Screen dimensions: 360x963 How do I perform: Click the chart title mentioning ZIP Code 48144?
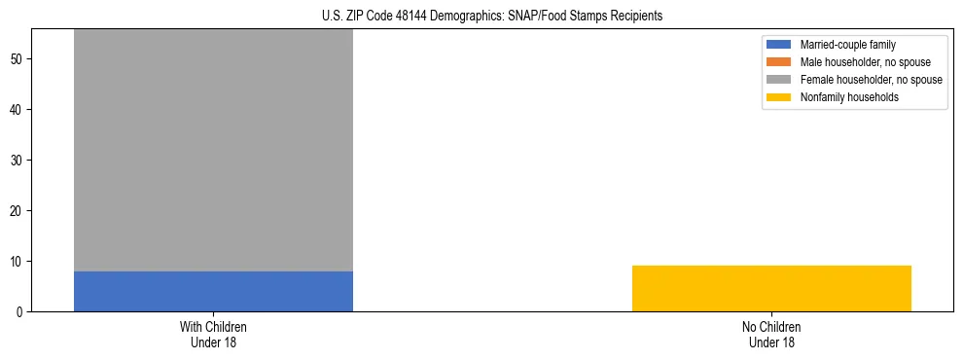491,16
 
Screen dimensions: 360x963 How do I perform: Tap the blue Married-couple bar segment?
213,291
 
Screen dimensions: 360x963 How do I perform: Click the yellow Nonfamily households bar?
771,288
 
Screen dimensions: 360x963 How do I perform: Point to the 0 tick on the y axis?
21,311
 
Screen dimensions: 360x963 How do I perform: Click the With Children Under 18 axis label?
213,334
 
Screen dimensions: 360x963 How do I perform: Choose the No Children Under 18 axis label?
771,334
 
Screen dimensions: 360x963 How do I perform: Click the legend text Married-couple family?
847,45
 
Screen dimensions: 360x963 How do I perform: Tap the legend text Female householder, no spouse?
871,80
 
